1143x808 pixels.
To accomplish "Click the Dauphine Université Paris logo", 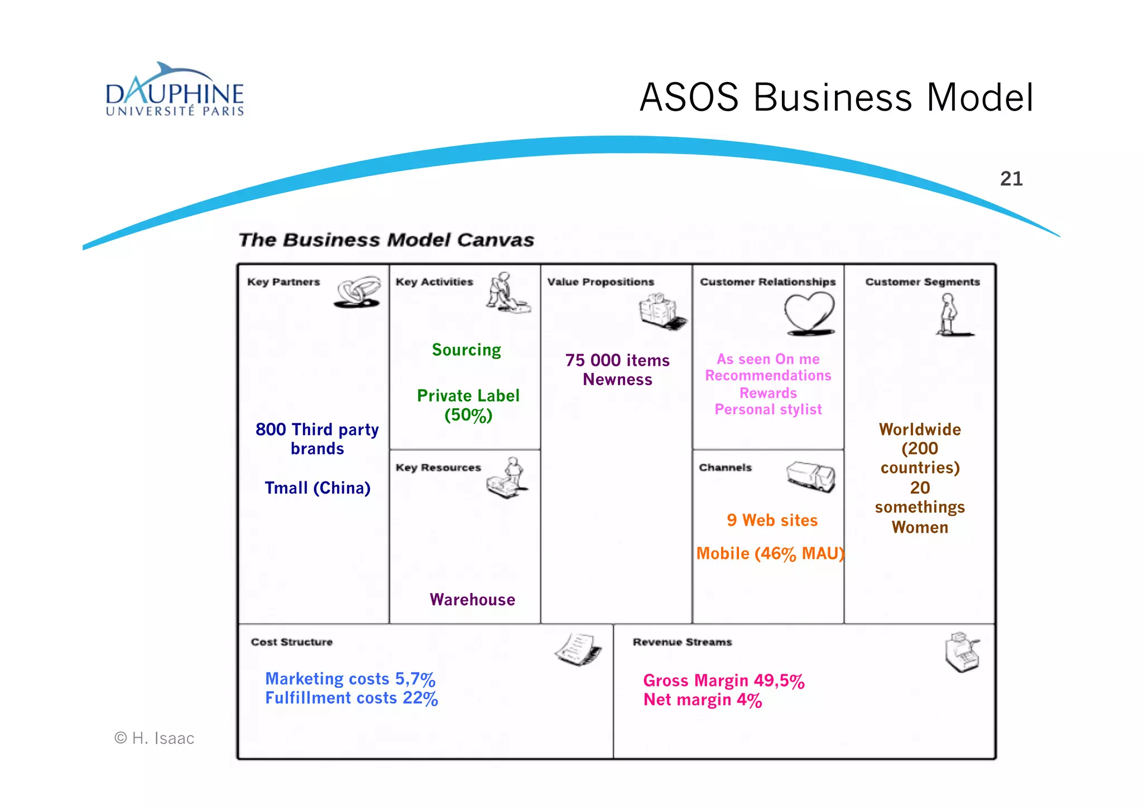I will coord(175,90).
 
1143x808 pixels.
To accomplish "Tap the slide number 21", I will coord(1011,179).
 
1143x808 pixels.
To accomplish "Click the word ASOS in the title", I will coord(689,98).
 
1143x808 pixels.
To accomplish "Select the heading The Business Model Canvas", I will coord(386,240).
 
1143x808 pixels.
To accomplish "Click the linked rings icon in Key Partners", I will coord(358,291).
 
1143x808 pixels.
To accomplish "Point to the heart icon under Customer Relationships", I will coord(809,314).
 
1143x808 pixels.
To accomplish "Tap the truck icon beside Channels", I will coord(811,476).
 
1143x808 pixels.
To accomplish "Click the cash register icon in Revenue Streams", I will coord(962,652).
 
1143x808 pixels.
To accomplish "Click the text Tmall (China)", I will coord(317,488).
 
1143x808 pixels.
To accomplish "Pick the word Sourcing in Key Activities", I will coord(466,350).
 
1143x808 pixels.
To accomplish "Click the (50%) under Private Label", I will coord(468,415).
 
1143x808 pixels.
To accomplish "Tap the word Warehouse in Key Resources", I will coord(472,600).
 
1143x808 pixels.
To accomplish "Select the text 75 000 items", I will coord(617,360).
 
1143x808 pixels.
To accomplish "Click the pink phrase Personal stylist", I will coord(768,410).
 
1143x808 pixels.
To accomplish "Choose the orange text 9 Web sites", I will coord(772,520).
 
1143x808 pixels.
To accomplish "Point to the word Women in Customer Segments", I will coord(919,528).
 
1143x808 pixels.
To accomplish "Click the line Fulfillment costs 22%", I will coord(351,698).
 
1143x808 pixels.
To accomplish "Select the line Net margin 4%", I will coord(702,700).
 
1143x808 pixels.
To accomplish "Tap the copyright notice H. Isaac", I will coord(155,738).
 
